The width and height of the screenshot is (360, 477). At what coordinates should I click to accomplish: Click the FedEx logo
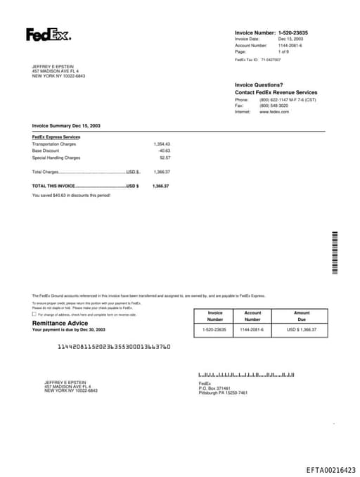pyautogui.click(x=48, y=34)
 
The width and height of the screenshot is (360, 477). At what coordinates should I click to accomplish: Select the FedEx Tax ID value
pyautogui.click(x=271, y=60)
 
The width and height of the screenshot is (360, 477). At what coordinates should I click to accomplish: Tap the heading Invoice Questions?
pyautogui.click(x=259, y=85)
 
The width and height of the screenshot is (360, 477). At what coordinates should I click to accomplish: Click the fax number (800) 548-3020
pyautogui.click(x=274, y=106)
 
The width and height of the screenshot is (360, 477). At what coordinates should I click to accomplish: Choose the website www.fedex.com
pyautogui.click(x=274, y=112)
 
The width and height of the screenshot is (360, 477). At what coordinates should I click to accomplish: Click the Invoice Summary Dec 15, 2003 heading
pyautogui.click(x=66, y=125)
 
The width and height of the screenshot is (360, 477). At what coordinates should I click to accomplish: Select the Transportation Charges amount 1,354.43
pyautogui.click(x=162, y=144)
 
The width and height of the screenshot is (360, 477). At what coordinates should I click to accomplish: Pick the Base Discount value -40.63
pyautogui.click(x=164, y=151)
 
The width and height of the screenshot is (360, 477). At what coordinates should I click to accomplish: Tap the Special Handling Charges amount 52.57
pyautogui.click(x=165, y=158)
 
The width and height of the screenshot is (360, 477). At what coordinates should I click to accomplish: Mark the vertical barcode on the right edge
pyautogui.click(x=335, y=253)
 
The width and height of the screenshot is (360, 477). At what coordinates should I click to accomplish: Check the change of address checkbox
pyautogui.click(x=34, y=314)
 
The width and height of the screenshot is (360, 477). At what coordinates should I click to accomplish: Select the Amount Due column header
pyautogui.click(x=302, y=316)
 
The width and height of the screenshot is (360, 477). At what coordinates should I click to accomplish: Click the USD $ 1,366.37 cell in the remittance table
pyautogui.click(x=302, y=329)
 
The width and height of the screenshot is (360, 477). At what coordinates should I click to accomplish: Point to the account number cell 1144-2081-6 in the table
pyautogui.click(x=252, y=329)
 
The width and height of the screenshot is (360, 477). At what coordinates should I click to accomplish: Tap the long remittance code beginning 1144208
pyautogui.click(x=113, y=347)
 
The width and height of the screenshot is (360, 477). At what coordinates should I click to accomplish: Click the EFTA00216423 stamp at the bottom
pyautogui.click(x=330, y=469)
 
